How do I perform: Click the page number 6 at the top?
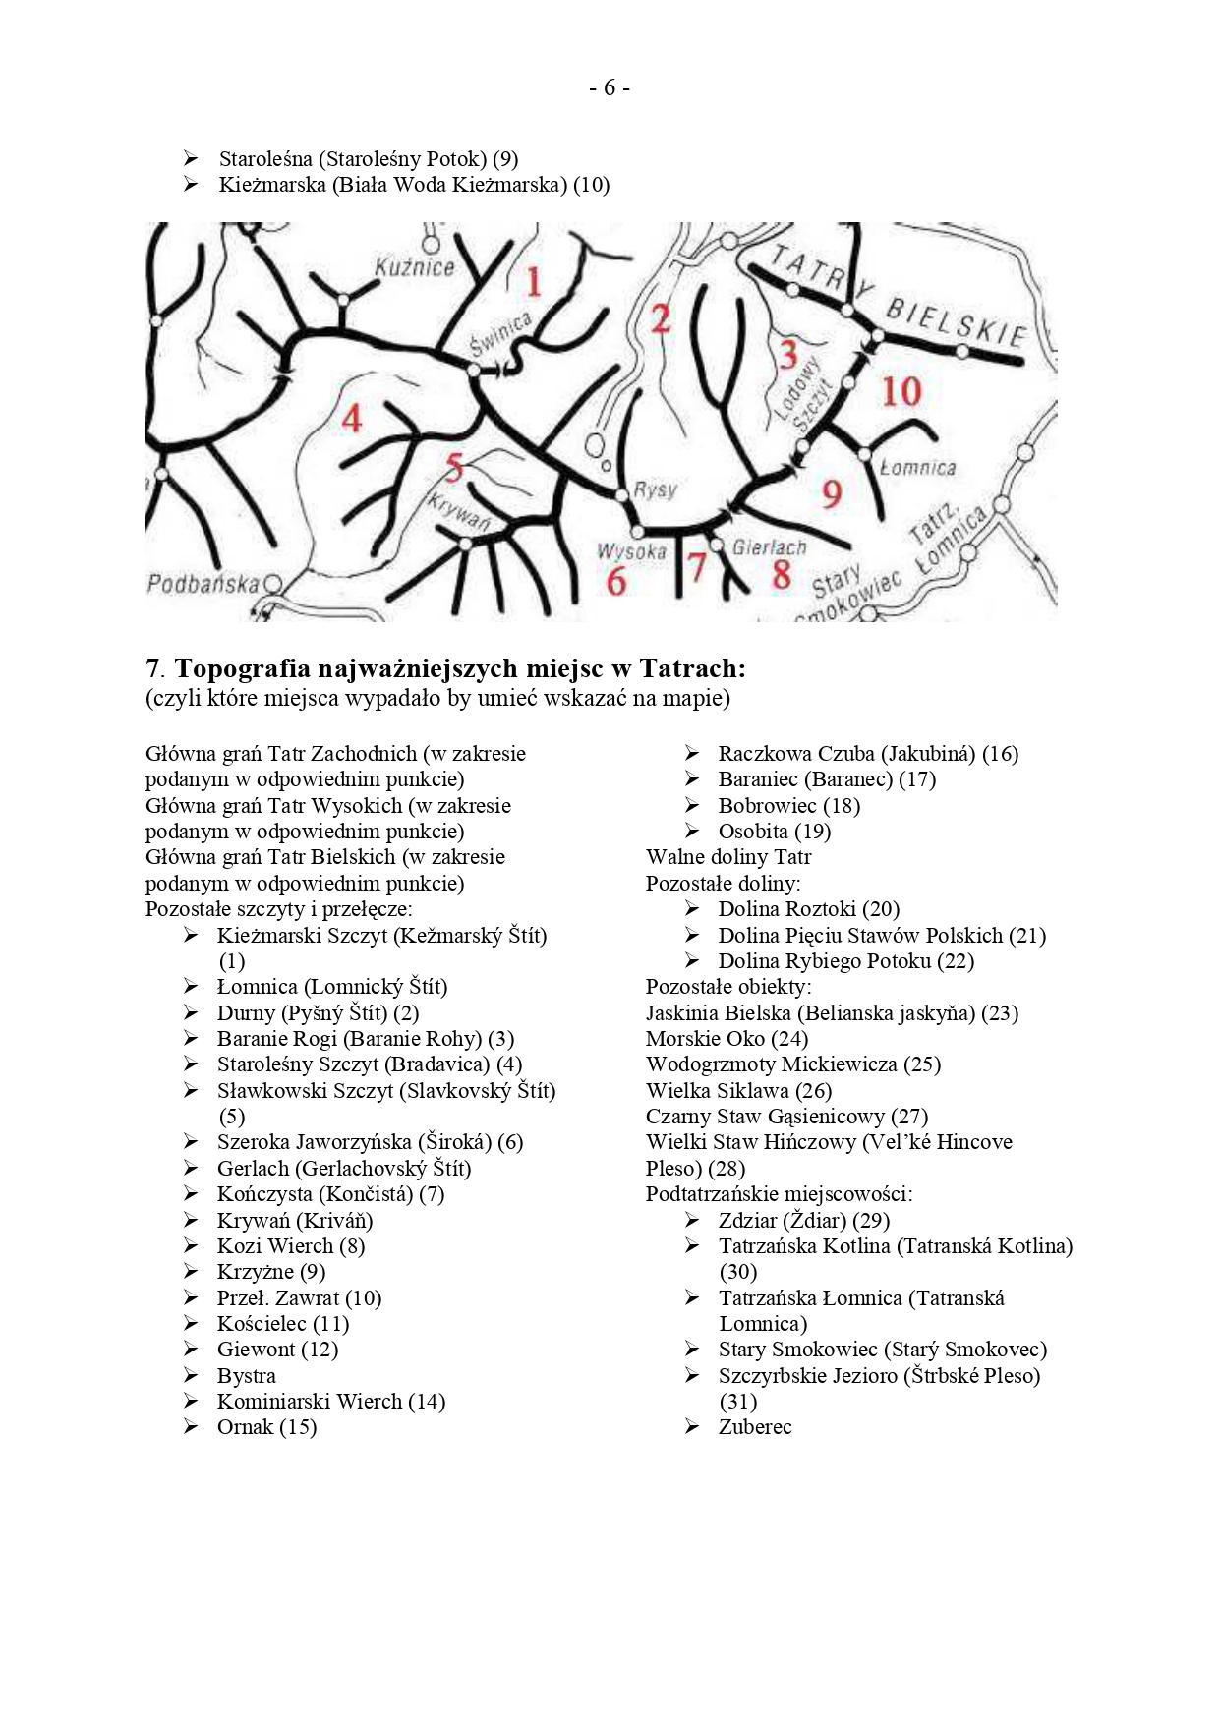click(610, 88)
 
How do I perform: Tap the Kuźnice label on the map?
click(415, 267)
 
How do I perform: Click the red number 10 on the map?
click(901, 392)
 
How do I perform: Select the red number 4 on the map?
click(352, 420)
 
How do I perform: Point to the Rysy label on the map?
click(655, 489)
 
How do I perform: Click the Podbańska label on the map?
click(203, 584)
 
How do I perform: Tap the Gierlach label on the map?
click(769, 547)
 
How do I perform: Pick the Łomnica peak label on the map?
click(917, 468)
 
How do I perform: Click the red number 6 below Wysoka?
click(616, 581)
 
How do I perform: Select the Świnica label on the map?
click(500, 334)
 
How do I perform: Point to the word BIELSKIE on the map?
click(956, 321)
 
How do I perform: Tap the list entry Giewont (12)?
click(277, 1350)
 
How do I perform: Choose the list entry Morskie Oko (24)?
click(727, 1039)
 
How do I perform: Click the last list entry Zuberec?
click(754, 1427)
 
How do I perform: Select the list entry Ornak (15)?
click(266, 1427)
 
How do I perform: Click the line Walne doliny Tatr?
click(728, 857)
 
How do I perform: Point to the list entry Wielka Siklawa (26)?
click(738, 1091)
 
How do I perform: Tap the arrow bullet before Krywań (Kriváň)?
click(191, 1220)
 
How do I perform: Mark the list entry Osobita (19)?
click(774, 832)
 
